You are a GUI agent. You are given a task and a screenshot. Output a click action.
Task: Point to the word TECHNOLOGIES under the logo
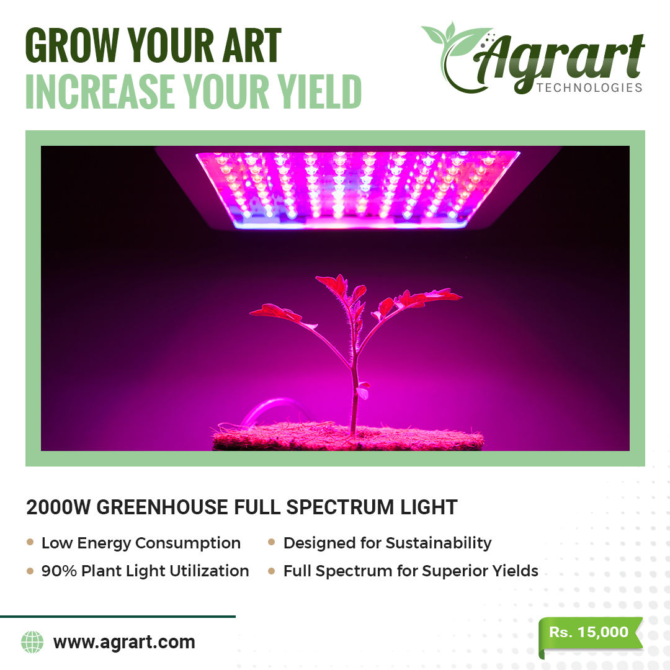(590, 87)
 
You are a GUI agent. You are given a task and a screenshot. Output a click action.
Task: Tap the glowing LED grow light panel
(358, 189)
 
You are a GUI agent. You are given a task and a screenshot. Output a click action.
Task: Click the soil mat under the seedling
(348, 437)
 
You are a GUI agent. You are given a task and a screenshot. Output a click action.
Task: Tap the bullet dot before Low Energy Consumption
(30, 542)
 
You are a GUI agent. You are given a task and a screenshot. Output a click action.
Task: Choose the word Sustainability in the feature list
(439, 543)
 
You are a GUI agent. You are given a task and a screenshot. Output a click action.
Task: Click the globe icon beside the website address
(32, 642)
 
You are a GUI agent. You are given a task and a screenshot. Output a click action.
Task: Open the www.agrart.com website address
(124, 642)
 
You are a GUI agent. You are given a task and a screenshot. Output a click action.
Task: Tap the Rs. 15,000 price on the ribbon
(588, 632)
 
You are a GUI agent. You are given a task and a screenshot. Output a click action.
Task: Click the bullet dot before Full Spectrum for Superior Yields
(271, 571)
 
